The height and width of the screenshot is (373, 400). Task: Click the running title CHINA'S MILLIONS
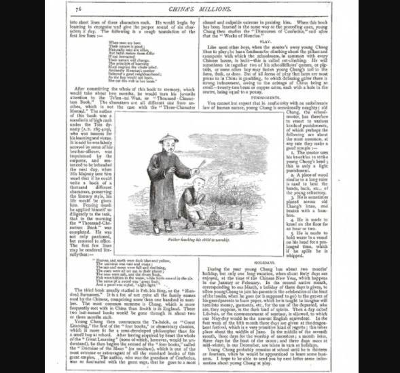(201, 8)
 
